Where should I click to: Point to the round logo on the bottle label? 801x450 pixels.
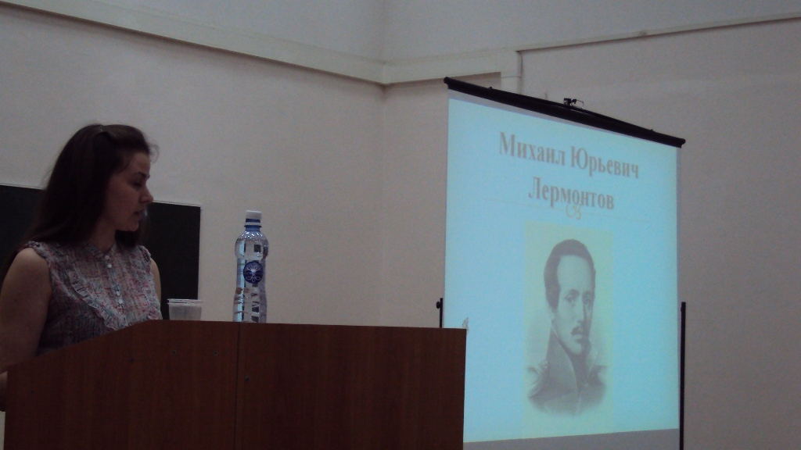pos(253,271)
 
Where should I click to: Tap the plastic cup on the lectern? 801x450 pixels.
pos(185,309)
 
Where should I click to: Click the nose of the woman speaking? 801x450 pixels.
pos(148,194)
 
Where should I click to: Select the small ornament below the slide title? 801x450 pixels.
pos(573,212)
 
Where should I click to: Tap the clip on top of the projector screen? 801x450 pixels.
pos(573,102)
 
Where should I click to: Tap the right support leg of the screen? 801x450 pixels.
pos(682,376)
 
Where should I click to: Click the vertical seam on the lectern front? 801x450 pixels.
pos(236,385)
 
